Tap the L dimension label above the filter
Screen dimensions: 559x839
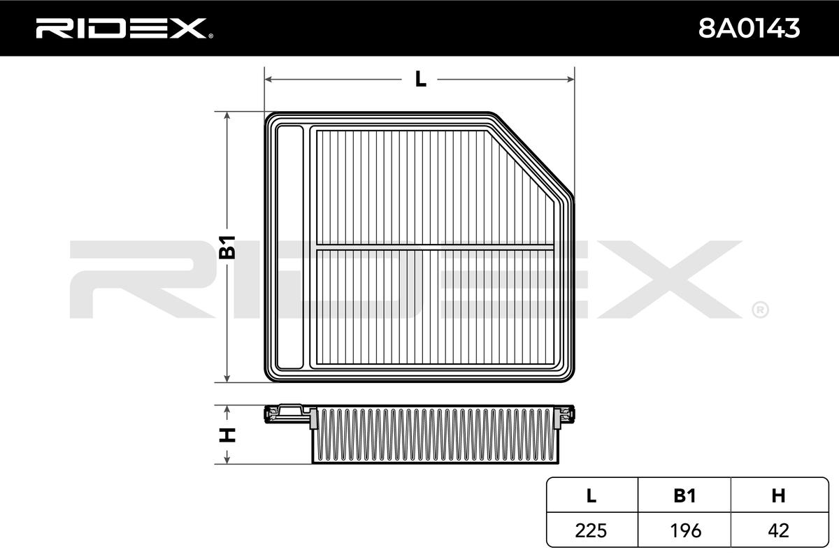pos(419,80)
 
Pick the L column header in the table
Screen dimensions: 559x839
pos(591,496)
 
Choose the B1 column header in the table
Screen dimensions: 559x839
pos(684,496)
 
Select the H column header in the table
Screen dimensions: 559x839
pos(778,496)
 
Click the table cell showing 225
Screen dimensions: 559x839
pos(591,530)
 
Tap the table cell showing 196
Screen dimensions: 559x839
pos(684,530)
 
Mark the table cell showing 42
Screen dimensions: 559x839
pos(778,530)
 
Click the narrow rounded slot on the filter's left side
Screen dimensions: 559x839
pos(290,247)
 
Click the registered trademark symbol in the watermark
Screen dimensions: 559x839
pos(760,309)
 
